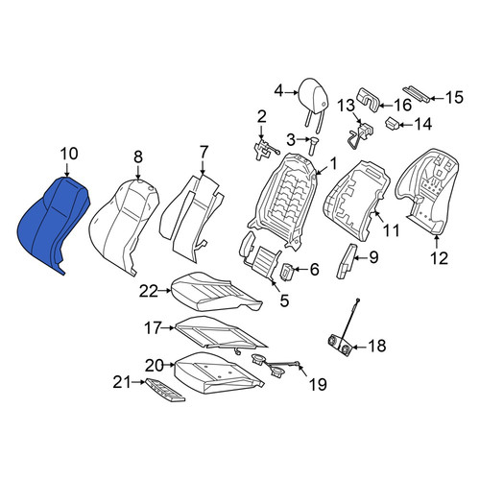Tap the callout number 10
click(x=69, y=154)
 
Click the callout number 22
click(x=149, y=291)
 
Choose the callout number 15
click(x=454, y=97)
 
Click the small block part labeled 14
click(x=392, y=124)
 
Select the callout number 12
click(x=440, y=258)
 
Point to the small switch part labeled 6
click(x=287, y=272)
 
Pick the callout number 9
click(x=373, y=257)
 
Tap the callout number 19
click(x=318, y=384)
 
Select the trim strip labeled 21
click(x=165, y=390)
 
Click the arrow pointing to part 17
click(x=168, y=327)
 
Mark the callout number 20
click(x=155, y=366)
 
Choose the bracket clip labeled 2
click(x=263, y=149)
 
